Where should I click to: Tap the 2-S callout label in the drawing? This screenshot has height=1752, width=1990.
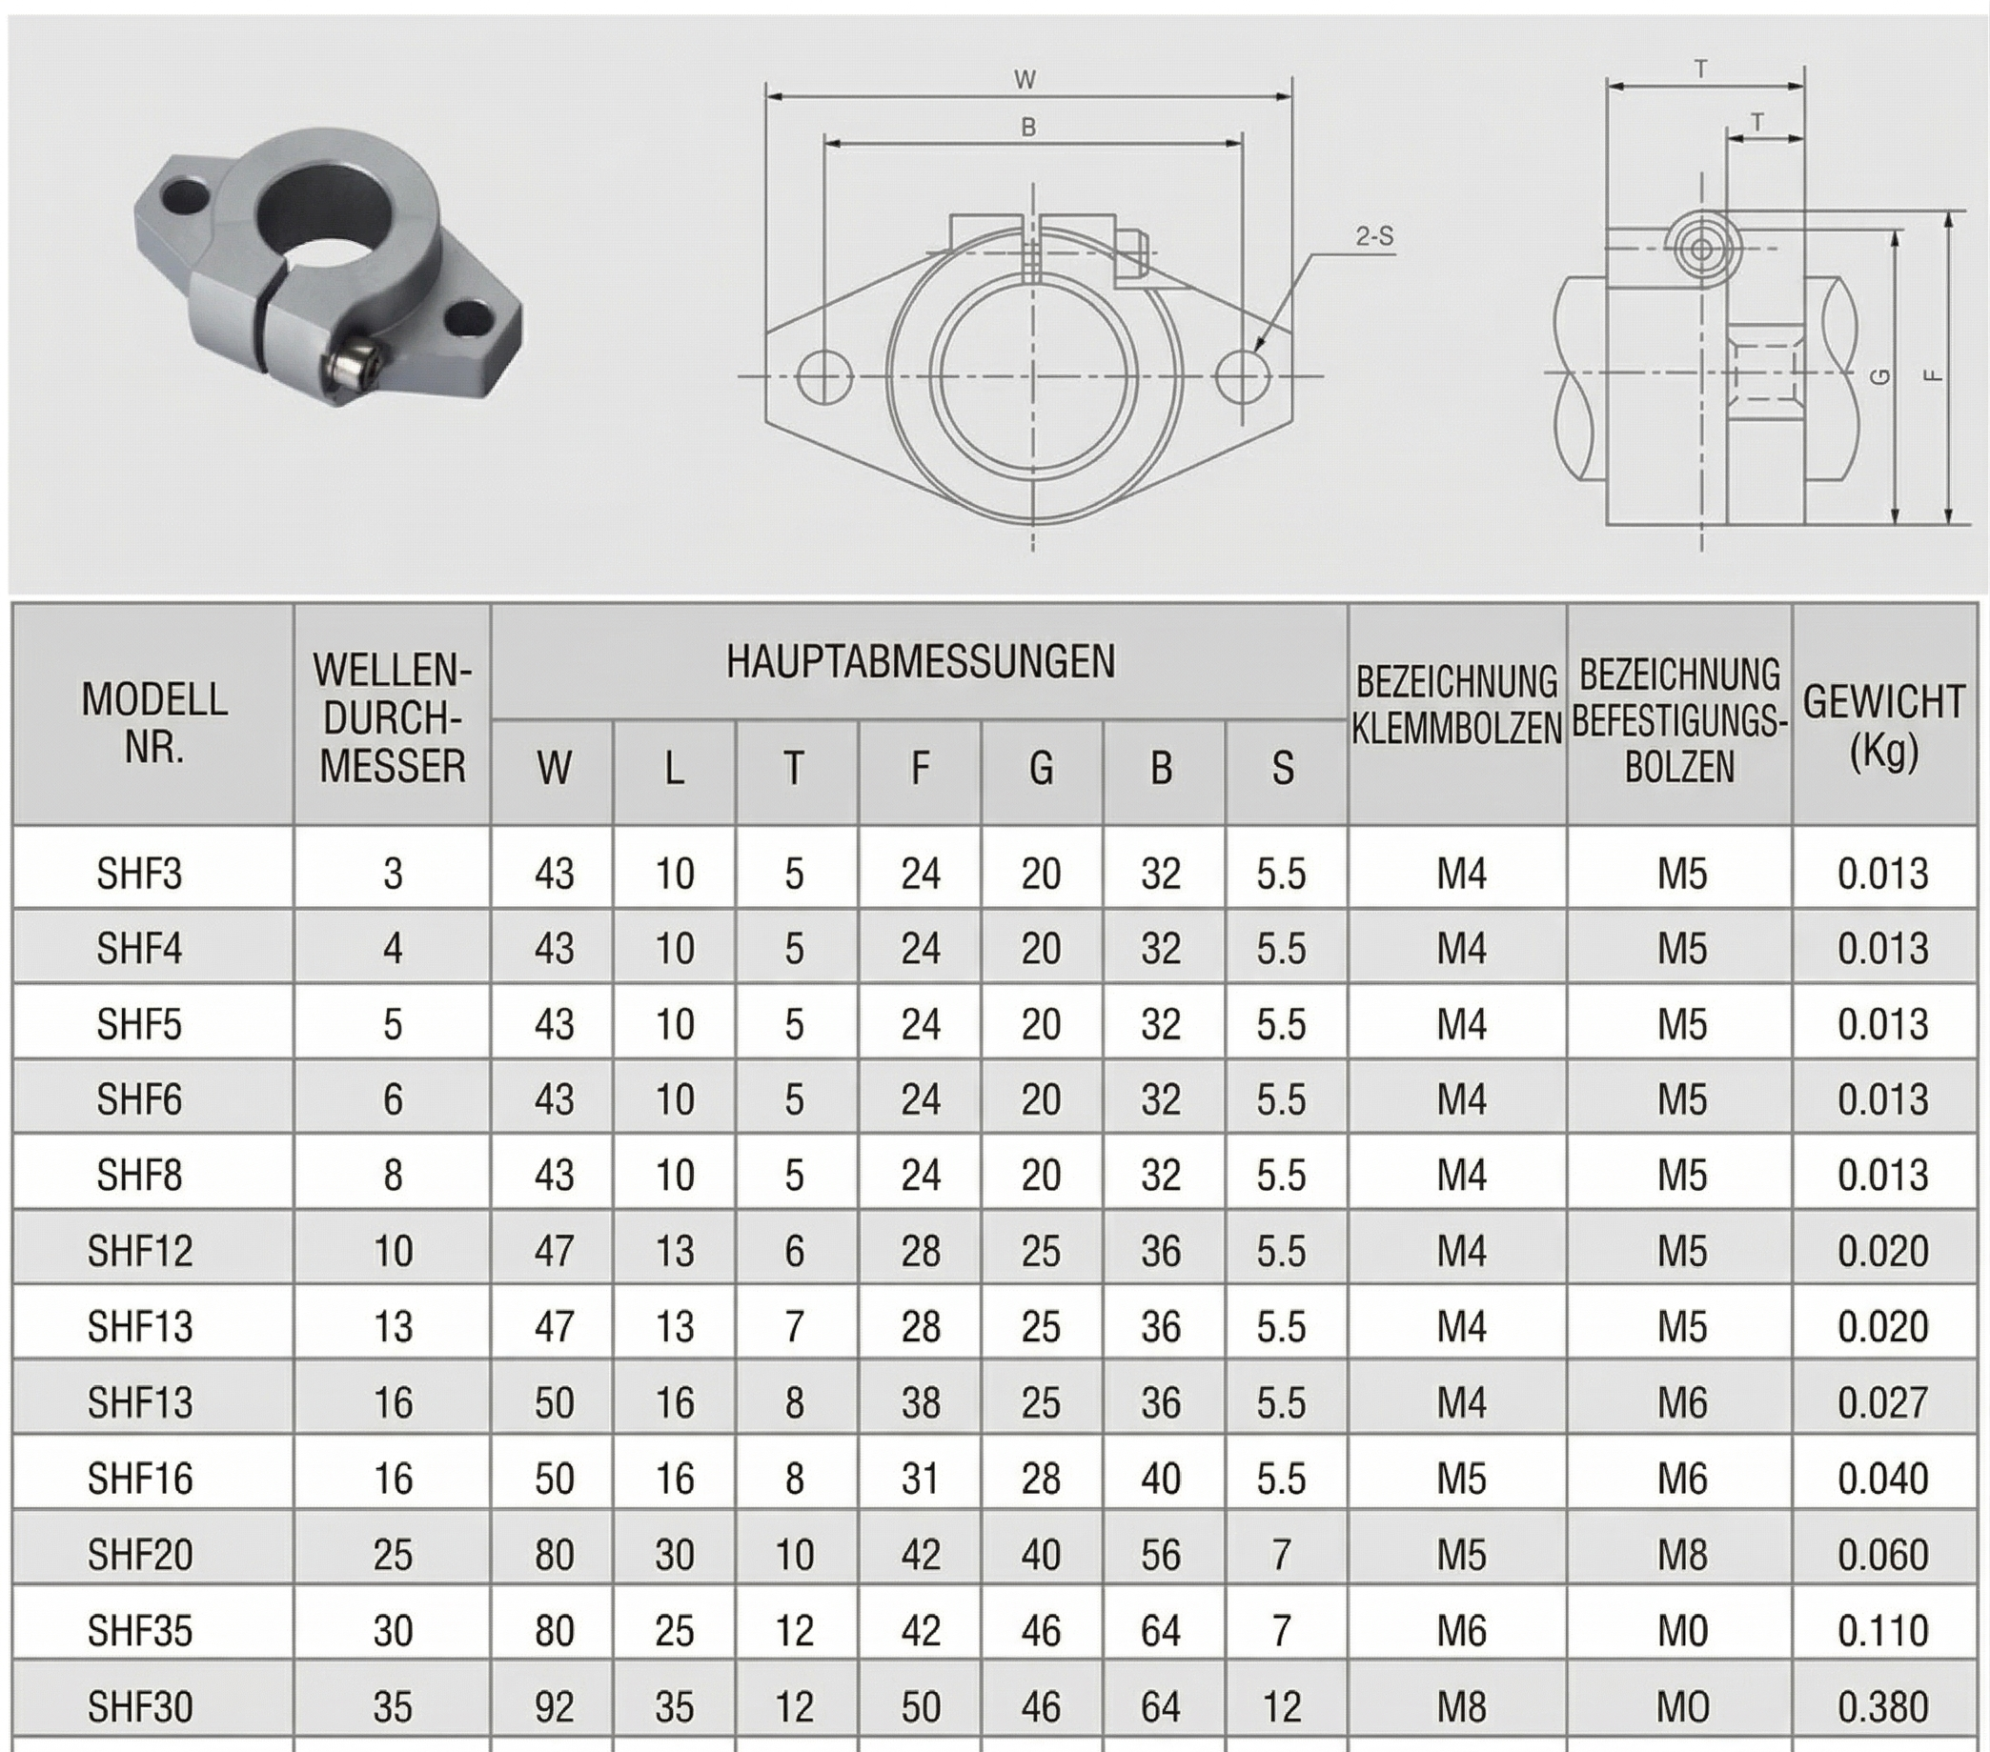tap(1373, 235)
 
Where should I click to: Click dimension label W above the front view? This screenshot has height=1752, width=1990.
tap(1025, 80)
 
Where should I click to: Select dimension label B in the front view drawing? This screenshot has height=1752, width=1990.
tap(1028, 128)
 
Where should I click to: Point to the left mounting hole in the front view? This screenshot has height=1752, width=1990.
tap(823, 376)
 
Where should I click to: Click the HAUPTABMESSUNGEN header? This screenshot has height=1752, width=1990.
tap(920, 662)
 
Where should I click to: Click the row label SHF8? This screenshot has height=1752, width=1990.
tap(139, 1175)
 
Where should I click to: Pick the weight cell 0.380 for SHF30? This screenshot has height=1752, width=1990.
tap(1883, 1706)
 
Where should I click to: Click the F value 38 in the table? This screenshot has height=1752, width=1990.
tap(920, 1402)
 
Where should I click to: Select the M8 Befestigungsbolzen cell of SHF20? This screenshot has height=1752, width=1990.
tap(1681, 1555)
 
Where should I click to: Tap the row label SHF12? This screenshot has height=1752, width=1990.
tap(140, 1251)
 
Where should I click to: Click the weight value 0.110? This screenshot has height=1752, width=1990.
tap(1883, 1630)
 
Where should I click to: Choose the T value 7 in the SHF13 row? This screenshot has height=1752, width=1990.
tap(795, 1327)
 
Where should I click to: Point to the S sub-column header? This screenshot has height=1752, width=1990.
tap(1282, 769)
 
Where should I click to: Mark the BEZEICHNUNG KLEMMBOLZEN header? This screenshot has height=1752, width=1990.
tap(1456, 706)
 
